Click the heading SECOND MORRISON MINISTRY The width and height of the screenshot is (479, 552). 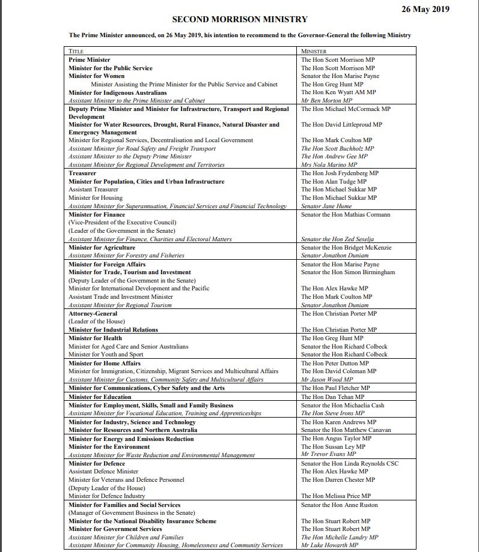240,20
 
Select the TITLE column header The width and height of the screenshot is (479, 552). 76,52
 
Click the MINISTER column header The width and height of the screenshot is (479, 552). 314,52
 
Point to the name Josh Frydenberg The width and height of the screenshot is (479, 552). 340,173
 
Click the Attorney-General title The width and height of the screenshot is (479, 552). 93,314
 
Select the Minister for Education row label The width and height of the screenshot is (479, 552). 100,397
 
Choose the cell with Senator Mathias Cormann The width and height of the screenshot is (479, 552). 346,215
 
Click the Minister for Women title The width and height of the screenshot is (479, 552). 96,76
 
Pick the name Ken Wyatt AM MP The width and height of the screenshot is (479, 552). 338,93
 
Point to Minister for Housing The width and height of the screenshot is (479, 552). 95,198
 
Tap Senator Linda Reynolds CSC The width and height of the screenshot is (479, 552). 349,464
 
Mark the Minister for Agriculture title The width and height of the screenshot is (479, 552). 102,248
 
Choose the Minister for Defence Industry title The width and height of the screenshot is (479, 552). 106,496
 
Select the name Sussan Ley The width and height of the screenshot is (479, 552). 336,447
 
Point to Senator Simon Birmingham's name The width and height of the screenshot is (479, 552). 348,272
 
